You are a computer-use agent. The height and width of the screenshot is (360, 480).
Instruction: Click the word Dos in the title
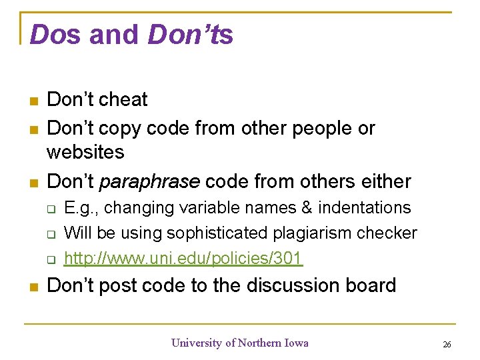click(x=55, y=35)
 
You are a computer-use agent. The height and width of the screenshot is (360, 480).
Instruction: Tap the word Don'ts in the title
click(x=190, y=35)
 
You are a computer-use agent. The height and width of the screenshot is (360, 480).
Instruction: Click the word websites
click(x=85, y=152)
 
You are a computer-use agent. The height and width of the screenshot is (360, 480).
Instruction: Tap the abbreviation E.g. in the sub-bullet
click(x=81, y=208)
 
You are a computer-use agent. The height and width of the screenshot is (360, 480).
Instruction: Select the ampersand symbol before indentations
click(x=307, y=208)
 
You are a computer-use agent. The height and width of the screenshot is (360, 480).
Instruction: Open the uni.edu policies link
click(x=183, y=259)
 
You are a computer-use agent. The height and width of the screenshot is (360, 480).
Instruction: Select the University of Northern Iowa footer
click(x=240, y=343)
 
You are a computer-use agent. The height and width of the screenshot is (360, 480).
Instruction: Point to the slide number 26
click(x=447, y=345)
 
